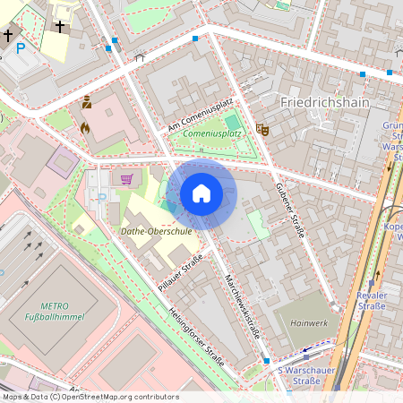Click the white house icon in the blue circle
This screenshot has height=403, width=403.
click(x=201, y=193)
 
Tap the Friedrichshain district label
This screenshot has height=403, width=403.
click(x=324, y=102)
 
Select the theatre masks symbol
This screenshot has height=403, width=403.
click(x=263, y=129)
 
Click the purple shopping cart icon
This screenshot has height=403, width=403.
click(x=126, y=178)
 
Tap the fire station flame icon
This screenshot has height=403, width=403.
click(x=86, y=128)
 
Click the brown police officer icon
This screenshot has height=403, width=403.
click(x=87, y=103)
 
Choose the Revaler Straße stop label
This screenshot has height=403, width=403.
click(x=372, y=300)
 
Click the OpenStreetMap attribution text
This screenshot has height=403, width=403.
click(x=90, y=396)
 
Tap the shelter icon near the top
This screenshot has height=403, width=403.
click(x=139, y=57)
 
